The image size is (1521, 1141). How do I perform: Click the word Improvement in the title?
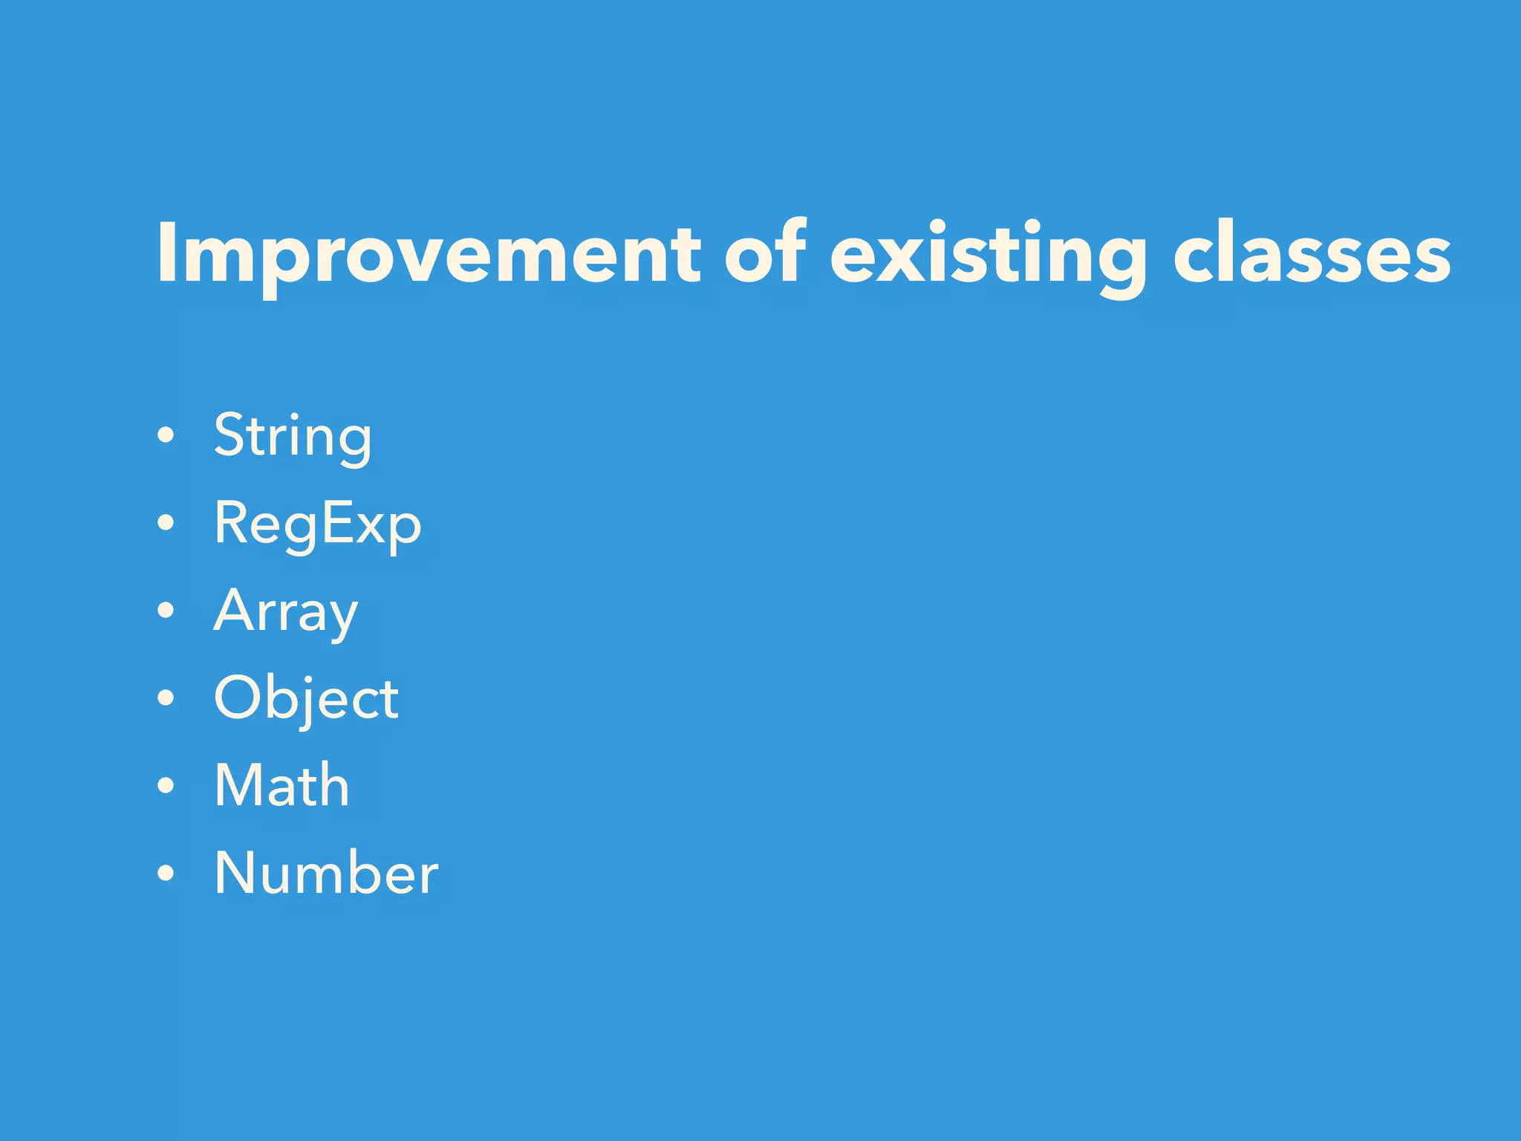click(428, 254)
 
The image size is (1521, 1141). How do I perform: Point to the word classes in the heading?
click(1312, 254)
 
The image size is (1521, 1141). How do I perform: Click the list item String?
click(293, 437)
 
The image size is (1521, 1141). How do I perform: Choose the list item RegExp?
click(317, 524)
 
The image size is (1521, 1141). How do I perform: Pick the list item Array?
click(286, 611)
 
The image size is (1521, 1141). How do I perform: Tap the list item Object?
click(306, 699)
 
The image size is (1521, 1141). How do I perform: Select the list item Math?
click(281, 786)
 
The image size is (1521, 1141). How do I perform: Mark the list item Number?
click(326, 874)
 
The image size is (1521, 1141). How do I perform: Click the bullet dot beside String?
click(166, 436)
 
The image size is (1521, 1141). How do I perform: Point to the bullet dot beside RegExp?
click(166, 524)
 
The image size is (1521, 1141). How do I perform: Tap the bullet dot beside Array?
click(166, 611)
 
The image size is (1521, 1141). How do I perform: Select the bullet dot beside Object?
click(166, 698)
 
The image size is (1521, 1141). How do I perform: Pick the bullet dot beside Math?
click(166, 786)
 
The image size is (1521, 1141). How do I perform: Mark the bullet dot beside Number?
click(166, 874)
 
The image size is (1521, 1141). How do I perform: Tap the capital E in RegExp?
click(339, 523)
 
